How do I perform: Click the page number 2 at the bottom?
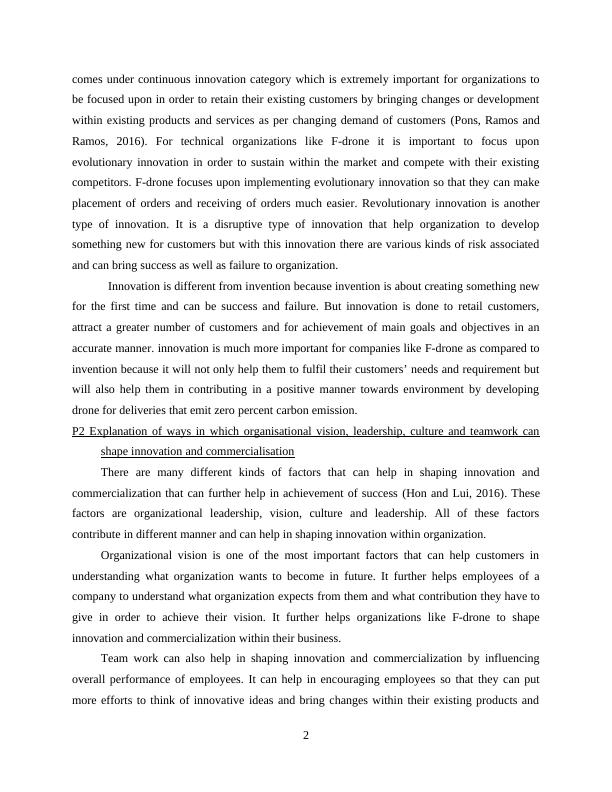[x=306, y=736]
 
